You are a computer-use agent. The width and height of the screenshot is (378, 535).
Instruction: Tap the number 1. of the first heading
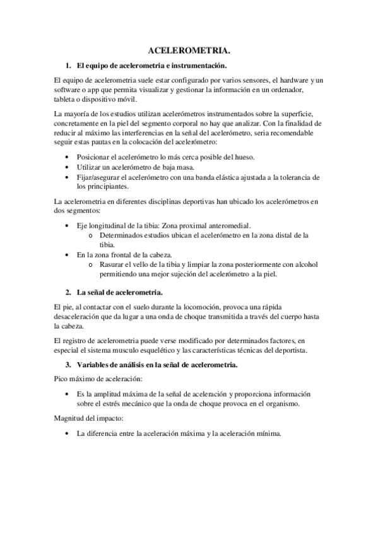69,66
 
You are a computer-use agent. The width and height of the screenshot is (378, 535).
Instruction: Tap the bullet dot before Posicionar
68,156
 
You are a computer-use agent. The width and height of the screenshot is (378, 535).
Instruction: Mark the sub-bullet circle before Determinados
92,235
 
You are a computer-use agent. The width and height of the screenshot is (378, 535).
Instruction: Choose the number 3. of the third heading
69,366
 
